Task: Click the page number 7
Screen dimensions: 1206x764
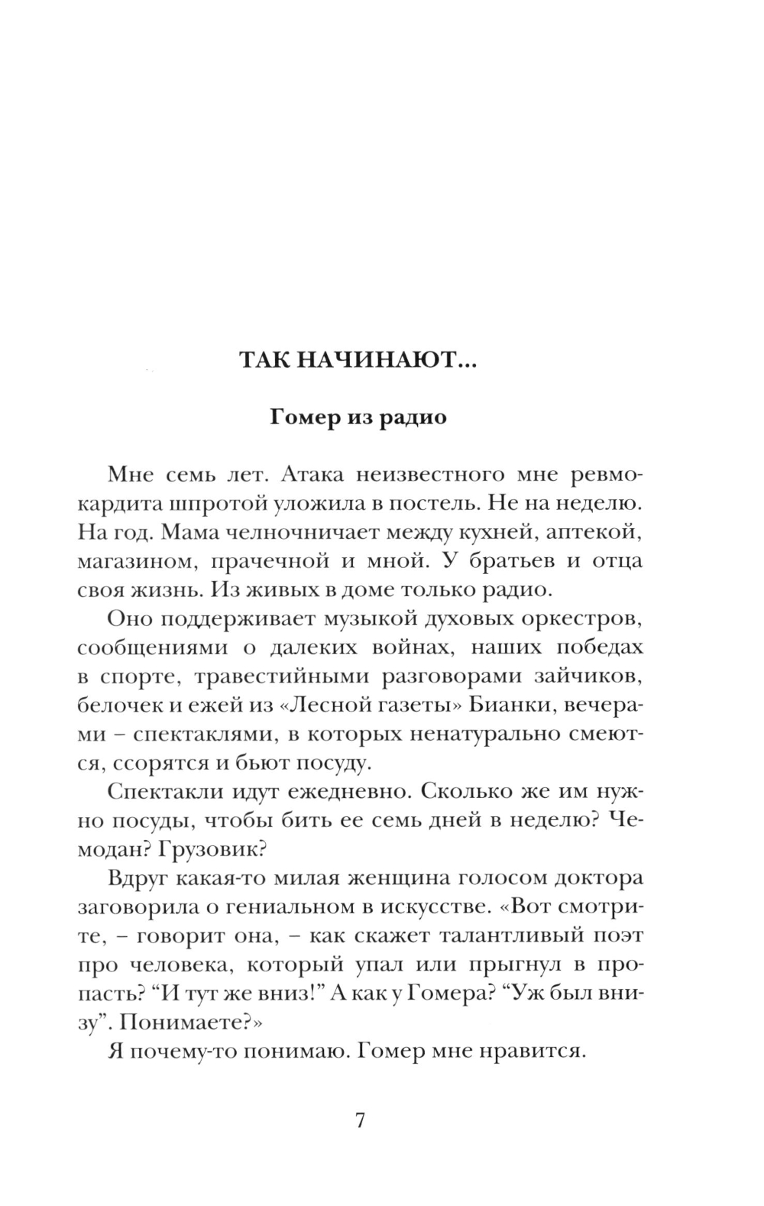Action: (x=361, y=1120)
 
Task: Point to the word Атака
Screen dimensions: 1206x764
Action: (x=315, y=475)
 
